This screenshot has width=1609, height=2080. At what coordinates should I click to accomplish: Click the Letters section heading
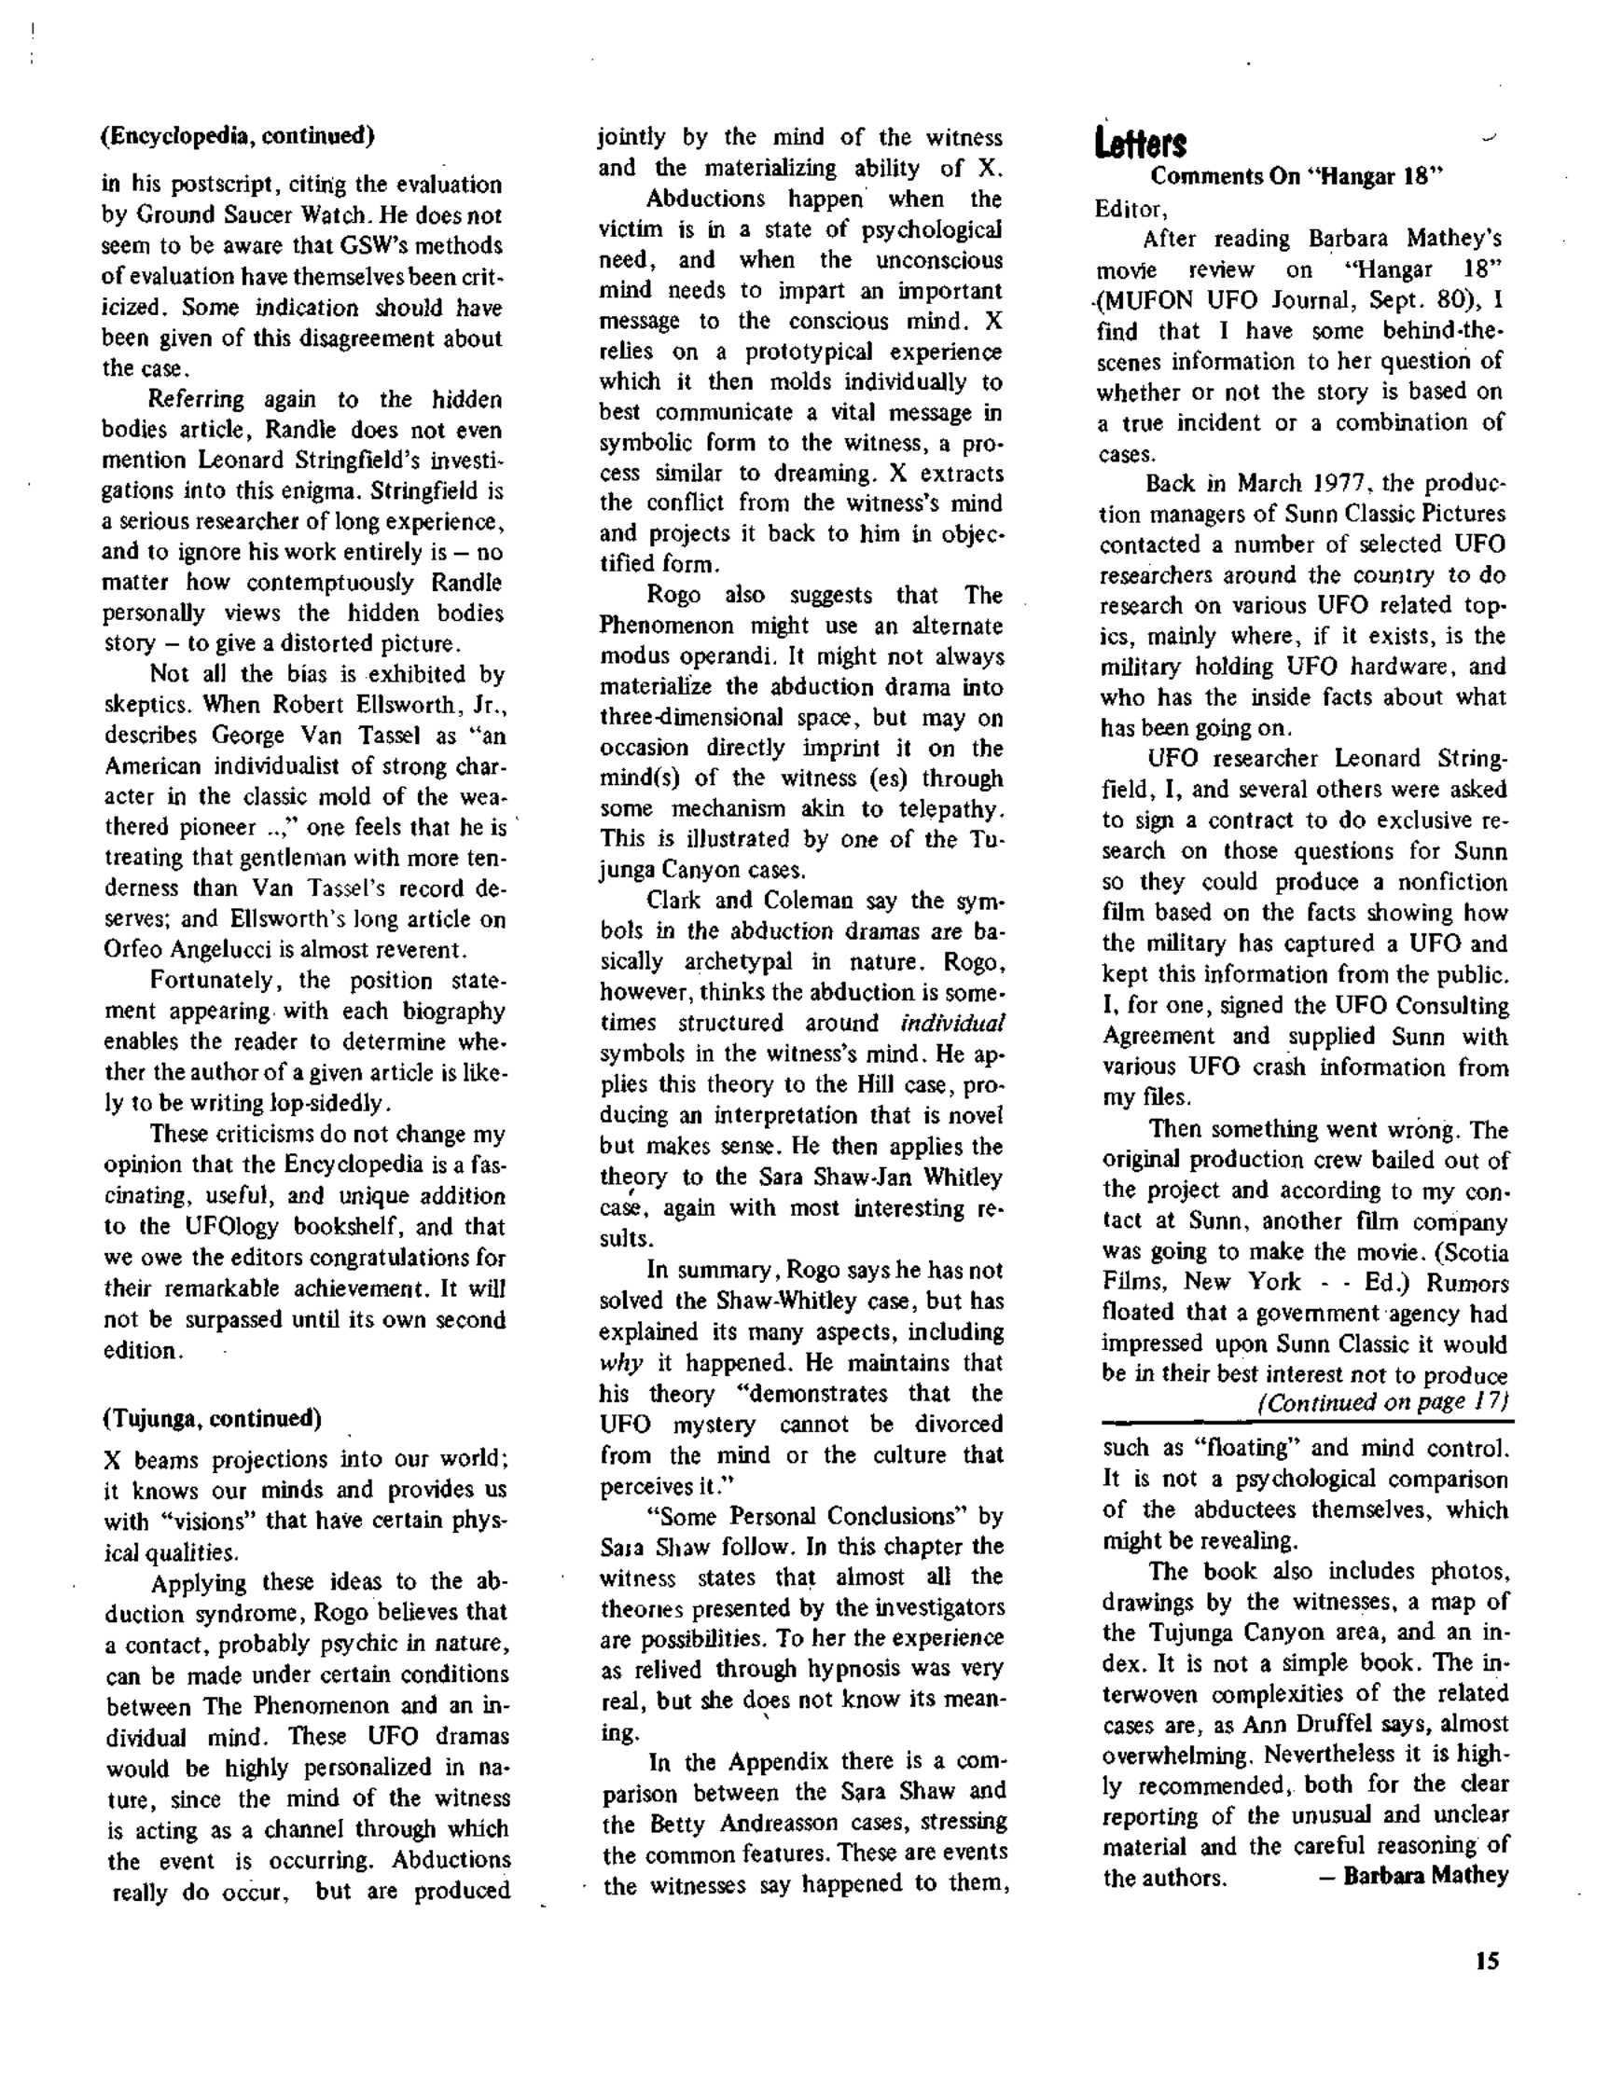point(1141,143)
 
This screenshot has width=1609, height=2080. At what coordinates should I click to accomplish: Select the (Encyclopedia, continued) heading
point(237,135)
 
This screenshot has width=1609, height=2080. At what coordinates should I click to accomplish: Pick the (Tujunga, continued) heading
point(212,1418)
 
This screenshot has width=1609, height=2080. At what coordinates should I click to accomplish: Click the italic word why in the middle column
point(620,1362)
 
